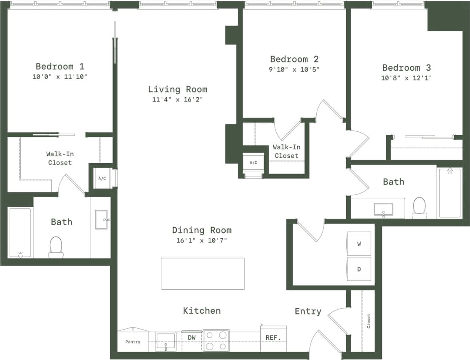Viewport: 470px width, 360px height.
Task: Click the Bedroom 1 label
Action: (x=60, y=66)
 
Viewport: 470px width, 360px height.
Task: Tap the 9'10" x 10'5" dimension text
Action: (x=294, y=69)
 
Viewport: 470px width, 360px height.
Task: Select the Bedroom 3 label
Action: (x=406, y=67)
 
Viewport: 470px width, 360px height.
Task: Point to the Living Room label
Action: (x=177, y=89)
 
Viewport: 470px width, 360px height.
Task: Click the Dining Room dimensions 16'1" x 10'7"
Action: (x=201, y=241)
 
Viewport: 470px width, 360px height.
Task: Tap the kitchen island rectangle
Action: (x=203, y=274)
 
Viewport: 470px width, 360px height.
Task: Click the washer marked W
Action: (x=359, y=243)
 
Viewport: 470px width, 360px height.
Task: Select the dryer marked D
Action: (x=359, y=269)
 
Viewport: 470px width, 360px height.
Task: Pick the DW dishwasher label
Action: (x=192, y=338)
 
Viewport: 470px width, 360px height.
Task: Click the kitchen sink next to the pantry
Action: (x=166, y=341)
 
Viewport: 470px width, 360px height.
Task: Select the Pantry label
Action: (x=133, y=342)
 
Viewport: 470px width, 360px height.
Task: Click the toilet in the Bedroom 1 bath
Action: (x=56, y=247)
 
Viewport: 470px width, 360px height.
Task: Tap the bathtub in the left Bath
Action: (x=20, y=232)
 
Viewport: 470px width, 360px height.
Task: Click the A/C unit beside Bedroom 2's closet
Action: (x=253, y=163)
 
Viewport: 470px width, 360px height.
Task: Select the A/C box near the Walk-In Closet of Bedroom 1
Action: (x=102, y=179)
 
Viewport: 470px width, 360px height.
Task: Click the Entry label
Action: (x=308, y=311)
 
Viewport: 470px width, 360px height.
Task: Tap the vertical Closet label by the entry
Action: (x=369, y=321)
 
